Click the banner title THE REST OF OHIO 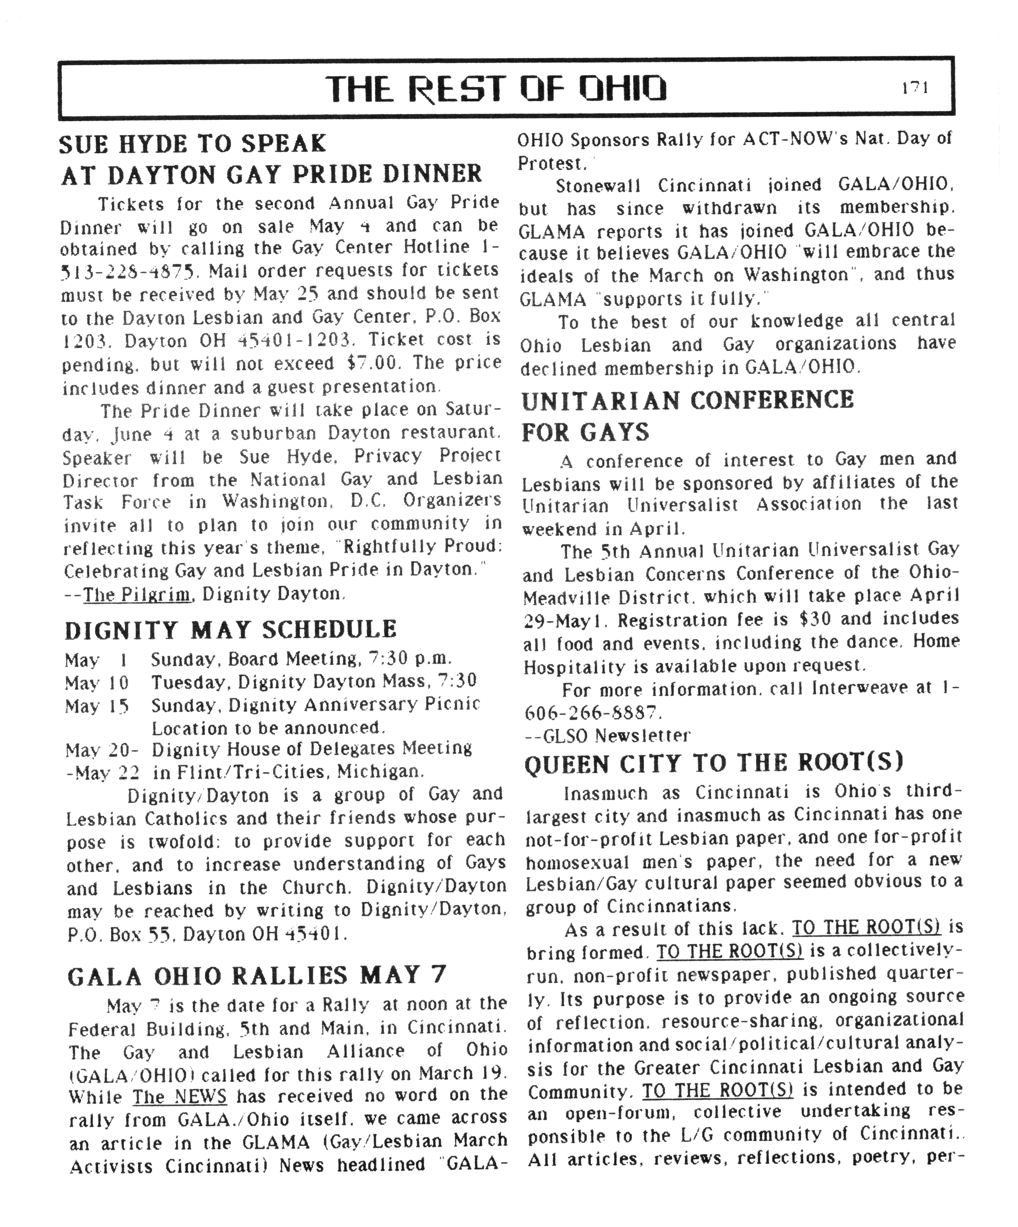pyautogui.click(x=495, y=89)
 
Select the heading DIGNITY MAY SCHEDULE pyautogui.click(x=231, y=630)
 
